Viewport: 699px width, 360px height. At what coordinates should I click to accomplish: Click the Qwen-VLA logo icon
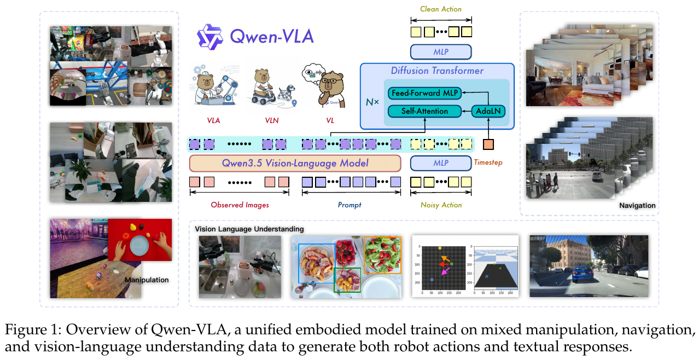[x=209, y=37]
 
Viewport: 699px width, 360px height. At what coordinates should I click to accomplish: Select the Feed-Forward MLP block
[x=424, y=93]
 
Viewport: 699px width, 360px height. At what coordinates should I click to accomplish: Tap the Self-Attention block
[x=424, y=111]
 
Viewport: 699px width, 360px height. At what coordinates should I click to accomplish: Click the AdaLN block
[x=488, y=111]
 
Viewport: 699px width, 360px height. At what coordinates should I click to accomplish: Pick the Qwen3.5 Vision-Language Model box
[x=295, y=163]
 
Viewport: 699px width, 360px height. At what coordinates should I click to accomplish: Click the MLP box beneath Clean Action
[x=441, y=52]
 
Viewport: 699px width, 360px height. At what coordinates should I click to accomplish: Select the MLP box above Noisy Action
[x=441, y=163]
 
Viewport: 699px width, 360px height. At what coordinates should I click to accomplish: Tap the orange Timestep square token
[x=488, y=144]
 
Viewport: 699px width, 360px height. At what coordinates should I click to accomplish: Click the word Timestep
[x=488, y=162]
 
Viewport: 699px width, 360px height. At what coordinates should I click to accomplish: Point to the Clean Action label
[x=441, y=9]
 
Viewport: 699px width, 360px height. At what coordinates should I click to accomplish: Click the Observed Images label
[x=240, y=205]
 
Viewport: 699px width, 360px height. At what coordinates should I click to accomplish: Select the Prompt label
[x=349, y=205]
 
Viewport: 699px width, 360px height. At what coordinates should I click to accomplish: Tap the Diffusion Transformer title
[x=437, y=71]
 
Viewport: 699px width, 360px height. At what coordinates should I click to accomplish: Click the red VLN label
[x=271, y=120]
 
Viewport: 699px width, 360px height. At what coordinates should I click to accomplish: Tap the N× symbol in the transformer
[x=372, y=102]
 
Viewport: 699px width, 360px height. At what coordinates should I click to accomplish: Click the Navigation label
[x=637, y=206]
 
